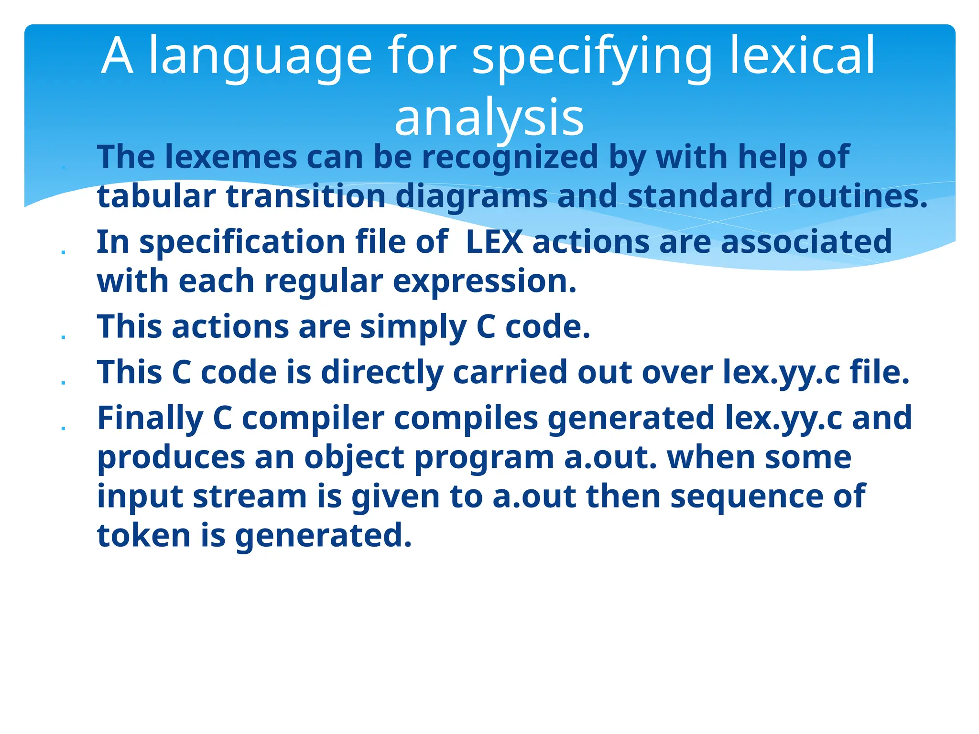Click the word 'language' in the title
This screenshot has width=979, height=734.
click(261, 56)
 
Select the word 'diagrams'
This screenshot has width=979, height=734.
click(471, 196)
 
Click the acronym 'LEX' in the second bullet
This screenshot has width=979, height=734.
click(494, 242)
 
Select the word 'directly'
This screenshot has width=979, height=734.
click(381, 372)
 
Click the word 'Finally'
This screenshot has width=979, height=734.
click(150, 418)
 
